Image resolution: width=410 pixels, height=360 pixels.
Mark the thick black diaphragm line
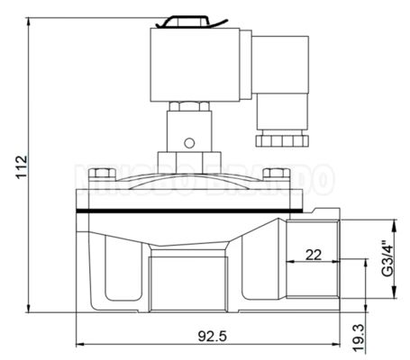[x=180, y=209]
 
